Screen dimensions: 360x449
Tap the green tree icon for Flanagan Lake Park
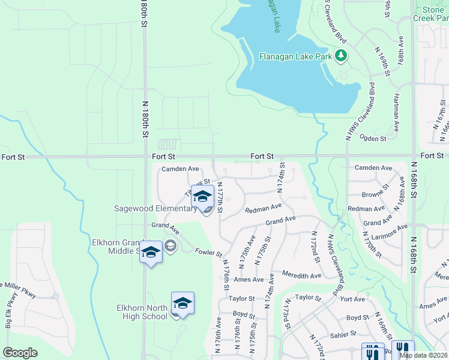342,56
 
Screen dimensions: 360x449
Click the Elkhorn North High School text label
142,312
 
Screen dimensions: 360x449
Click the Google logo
20,353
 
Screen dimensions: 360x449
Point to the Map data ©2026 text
424,355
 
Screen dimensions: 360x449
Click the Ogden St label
373,139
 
